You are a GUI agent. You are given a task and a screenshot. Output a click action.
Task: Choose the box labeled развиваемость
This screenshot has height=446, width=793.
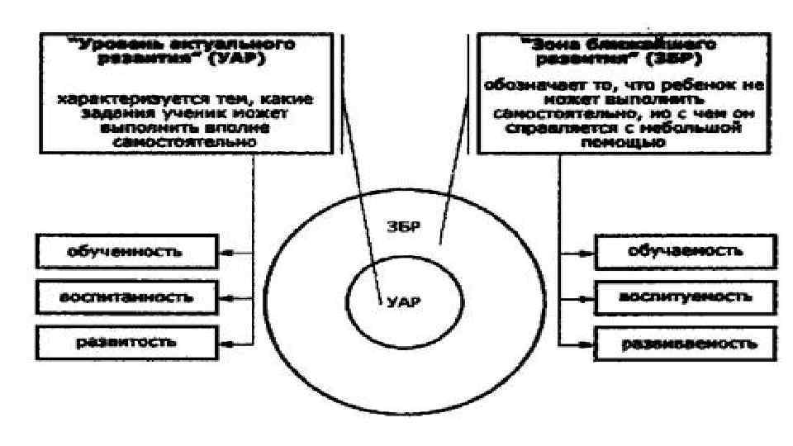pyautogui.click(x=673, y=341)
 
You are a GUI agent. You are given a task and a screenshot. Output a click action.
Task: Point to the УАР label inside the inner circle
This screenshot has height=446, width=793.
pyautogui.click(x=403, y=301)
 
